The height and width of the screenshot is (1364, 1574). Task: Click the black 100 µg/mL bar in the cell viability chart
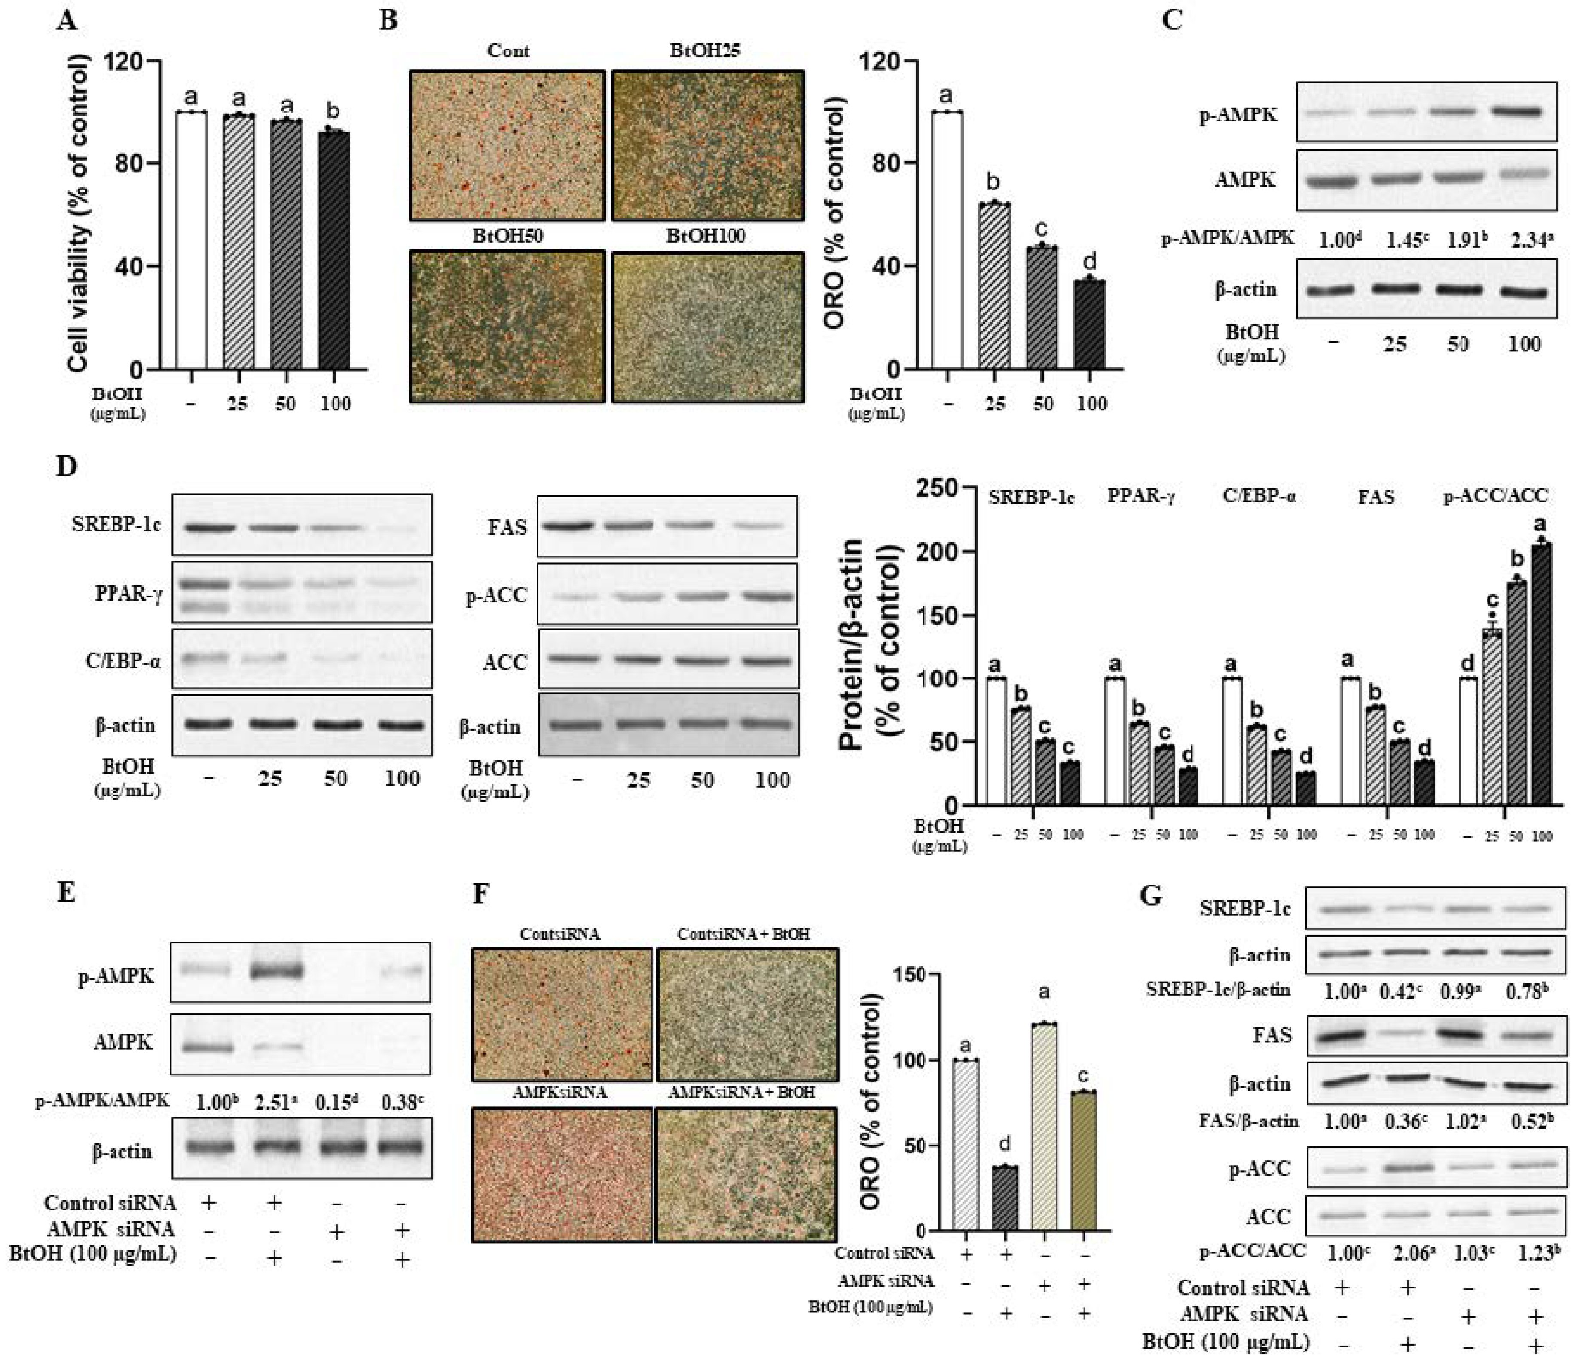point(334,251)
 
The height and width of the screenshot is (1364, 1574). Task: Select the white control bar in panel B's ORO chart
point(946,240)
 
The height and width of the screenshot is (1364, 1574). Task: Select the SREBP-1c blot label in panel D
point(116,525)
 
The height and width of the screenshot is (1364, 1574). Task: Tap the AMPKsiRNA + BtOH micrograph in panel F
point(746,1173)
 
